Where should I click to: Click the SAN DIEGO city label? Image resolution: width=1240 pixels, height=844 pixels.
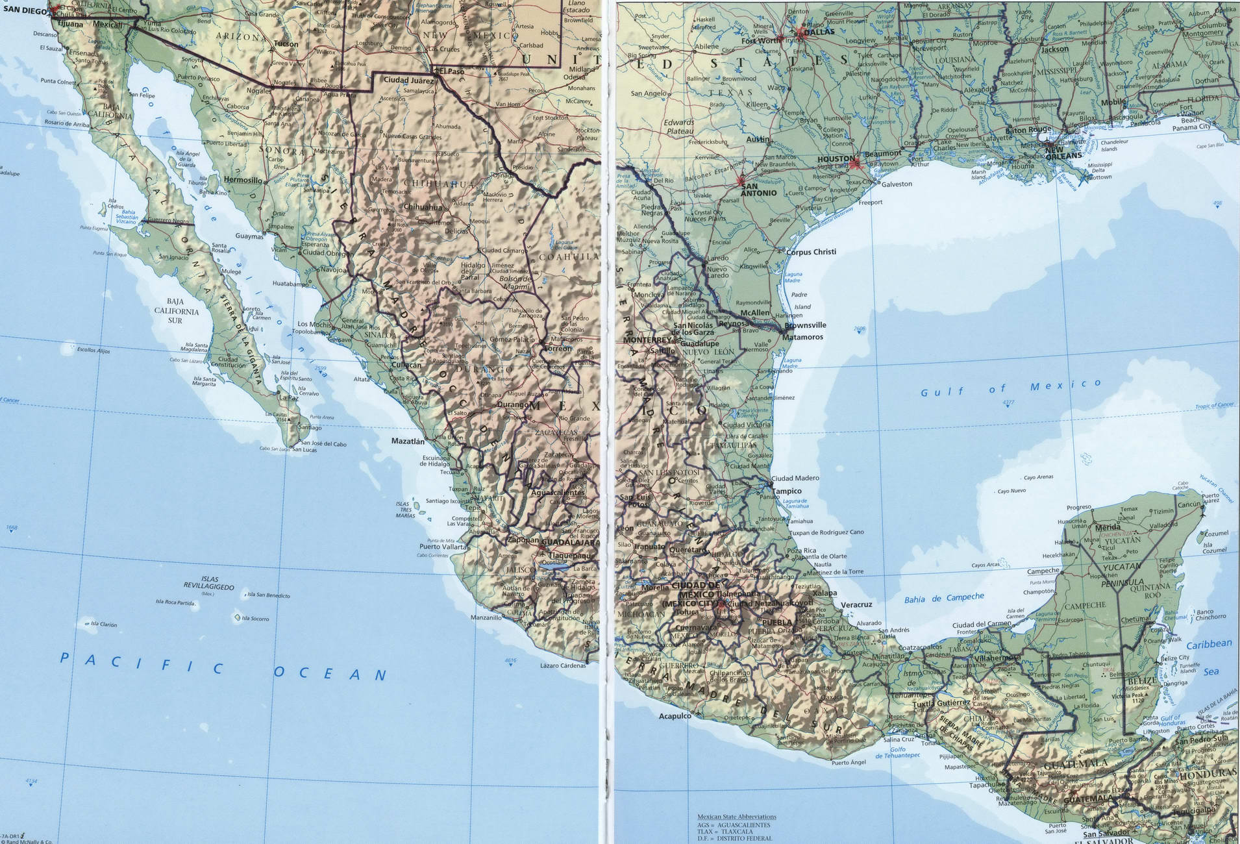pos(25,10)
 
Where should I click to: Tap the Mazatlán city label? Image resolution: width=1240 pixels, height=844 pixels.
pos(407,441)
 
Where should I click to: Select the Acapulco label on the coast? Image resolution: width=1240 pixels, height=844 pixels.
pos(675,716)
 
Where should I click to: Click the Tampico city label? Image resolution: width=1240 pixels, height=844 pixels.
pos(787,491)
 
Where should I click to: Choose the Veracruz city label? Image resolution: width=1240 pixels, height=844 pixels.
pos(856,604)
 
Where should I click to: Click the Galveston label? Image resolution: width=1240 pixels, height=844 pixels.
pos(897,184)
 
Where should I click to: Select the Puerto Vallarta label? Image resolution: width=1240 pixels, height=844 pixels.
pos(443,547)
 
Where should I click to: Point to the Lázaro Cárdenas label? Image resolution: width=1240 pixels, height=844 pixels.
pos(563,665)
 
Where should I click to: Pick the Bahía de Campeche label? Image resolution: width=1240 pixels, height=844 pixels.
pos(944,598)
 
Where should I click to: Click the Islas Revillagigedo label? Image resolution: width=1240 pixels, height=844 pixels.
pos(209,583)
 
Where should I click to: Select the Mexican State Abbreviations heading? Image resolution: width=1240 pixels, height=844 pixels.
pos(736,817)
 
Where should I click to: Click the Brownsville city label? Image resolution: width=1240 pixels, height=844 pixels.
pos(805,325)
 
